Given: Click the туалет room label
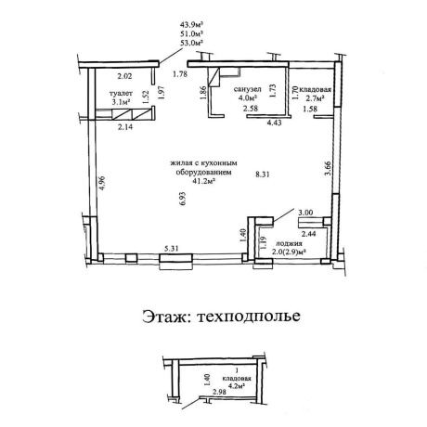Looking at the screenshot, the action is tap(121, 94).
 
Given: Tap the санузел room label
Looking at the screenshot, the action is tap(247, 89).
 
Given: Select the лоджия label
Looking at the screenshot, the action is tap(289, 243).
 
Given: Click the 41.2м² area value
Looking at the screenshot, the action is tap(204, 181).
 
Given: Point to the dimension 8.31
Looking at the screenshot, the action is tap(262, 175).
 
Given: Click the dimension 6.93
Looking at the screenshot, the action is tap(182, 199).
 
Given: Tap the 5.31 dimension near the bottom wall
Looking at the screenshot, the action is tap(172, 249).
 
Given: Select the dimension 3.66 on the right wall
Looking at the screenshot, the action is tap(328, 168).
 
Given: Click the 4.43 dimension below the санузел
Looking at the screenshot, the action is tap(274, 123).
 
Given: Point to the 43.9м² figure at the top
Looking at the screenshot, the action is tap(191, 24).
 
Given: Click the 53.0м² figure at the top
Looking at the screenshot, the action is tap(191, 43).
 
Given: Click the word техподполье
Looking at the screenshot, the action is tap(249, 317).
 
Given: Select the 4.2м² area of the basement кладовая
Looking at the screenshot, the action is tap(237, 386).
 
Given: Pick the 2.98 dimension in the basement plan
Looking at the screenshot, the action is tap(219, 392).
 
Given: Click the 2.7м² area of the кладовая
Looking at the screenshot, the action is tap(315, 98).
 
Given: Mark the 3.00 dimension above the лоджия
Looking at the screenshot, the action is tap(305, 213).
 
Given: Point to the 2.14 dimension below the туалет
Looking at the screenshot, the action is tap(125, 127).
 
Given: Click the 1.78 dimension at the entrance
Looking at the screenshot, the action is tap(180, 74).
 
